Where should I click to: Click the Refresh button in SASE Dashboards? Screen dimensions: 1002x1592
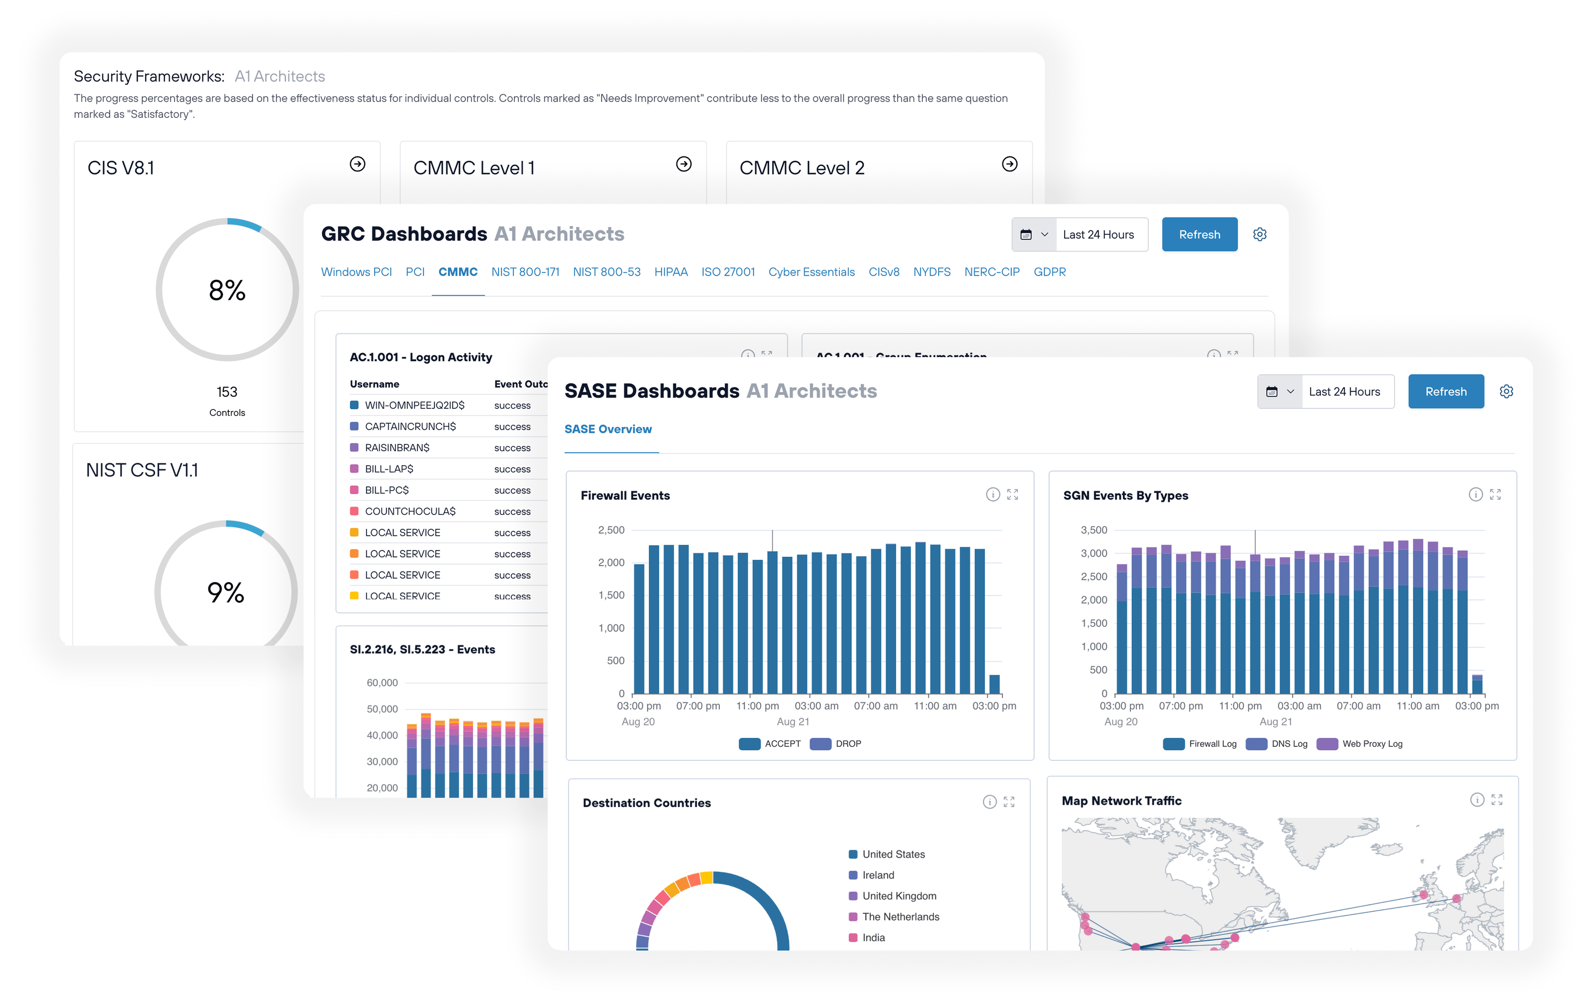click(1445, 391)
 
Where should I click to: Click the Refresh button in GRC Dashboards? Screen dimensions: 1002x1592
click(1198, 235)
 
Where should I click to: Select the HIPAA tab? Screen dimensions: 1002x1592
click(671, 272)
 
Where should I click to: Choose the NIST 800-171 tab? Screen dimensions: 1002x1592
click(525, 272)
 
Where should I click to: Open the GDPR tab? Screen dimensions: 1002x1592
click(1049, 272)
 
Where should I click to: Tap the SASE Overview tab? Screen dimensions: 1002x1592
click(607, 429)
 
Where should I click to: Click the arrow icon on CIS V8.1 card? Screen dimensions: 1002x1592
click(358, 164)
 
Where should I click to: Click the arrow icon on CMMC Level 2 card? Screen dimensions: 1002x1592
click(1009, 164)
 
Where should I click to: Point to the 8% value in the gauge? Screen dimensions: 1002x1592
click(227, 290)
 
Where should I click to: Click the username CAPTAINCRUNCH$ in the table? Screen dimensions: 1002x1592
click(410, 426)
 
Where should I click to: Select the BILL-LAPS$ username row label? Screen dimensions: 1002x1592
click(389, 469)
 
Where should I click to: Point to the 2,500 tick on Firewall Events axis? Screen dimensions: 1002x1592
click(611, 530)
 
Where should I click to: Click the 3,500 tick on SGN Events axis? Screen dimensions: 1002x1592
click(1094, 530)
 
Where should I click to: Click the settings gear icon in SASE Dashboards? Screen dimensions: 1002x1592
click(1506, 391)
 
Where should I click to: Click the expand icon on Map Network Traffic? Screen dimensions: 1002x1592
click(1497, 800)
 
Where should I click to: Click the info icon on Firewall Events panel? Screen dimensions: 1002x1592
click(993, 495)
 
